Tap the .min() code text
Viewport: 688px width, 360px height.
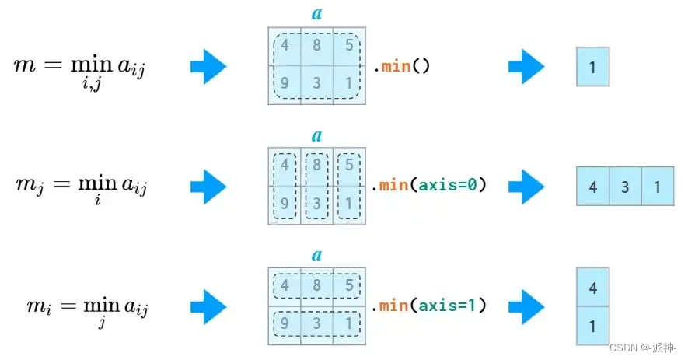tap(401, 67)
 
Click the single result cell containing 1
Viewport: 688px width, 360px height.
tap(592, 68)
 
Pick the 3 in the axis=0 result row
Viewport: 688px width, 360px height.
tap(625, 187)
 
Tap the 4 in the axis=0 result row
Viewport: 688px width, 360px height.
tap(592, 187)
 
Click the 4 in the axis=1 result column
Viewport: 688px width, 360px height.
tap(592, 288)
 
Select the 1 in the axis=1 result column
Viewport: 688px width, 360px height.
tap(592, 327)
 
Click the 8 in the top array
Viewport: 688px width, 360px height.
tap(316, 46)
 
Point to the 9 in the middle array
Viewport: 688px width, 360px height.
tap(285, 204)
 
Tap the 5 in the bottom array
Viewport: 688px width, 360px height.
tap(349, 285)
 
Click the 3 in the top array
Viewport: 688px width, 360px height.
tap(316, 82)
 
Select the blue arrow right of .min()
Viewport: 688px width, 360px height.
tap(526, 68)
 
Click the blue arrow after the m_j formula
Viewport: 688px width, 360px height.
tap(208, 187)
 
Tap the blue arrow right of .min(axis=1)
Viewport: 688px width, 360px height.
tap(526, 306)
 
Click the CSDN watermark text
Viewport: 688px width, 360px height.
tap(642, 347)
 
